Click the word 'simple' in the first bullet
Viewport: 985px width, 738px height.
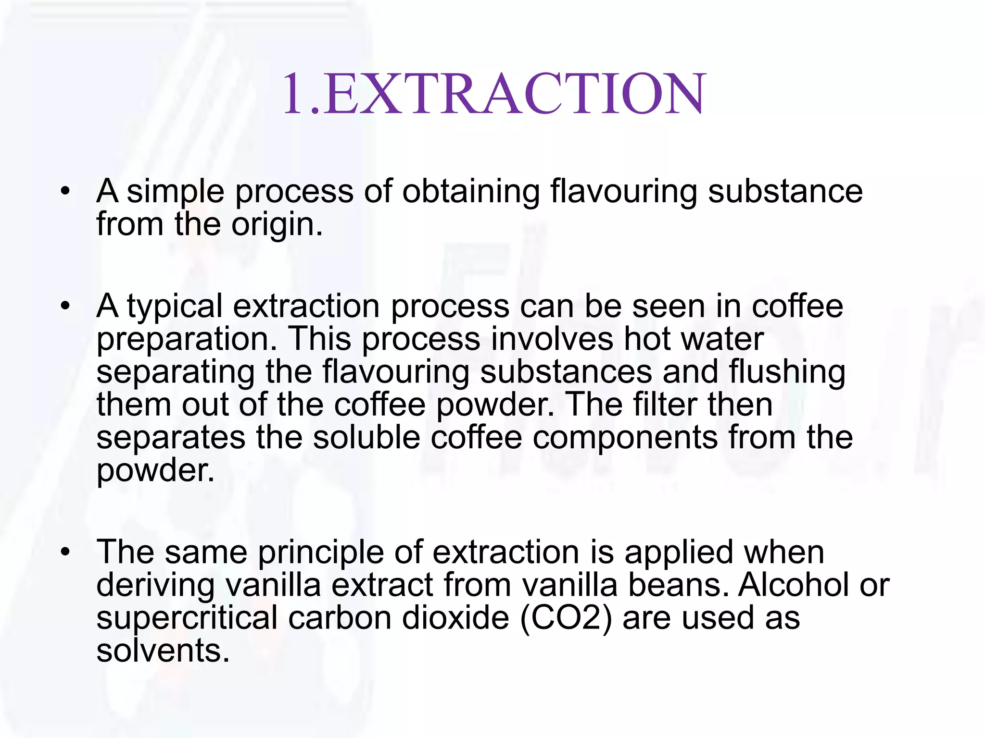pos(176,192)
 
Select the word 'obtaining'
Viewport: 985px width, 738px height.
pos(471,192)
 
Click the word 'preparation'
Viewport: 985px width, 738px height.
pos(182,339)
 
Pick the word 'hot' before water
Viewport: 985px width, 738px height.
pos(645,339)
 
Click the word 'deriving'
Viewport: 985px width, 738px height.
pos(155,585)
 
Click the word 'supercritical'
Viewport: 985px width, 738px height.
pos(187,618)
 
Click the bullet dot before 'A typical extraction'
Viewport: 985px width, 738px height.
pos(65,306)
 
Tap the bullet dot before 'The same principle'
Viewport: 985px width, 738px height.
pos(65,552)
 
